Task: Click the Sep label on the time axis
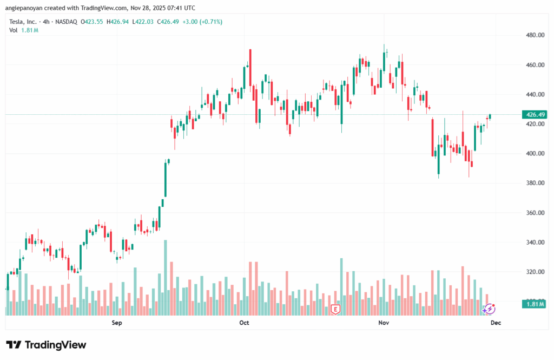click(116, 323)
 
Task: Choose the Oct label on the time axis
click(244, 323)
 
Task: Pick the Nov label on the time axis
click(384, 323)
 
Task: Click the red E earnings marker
click(335, 310)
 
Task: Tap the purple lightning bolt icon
click(489, 309)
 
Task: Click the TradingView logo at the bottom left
click(46, 345)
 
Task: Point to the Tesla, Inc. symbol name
click(24, 22)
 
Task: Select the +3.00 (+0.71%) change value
click(203, 22)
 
